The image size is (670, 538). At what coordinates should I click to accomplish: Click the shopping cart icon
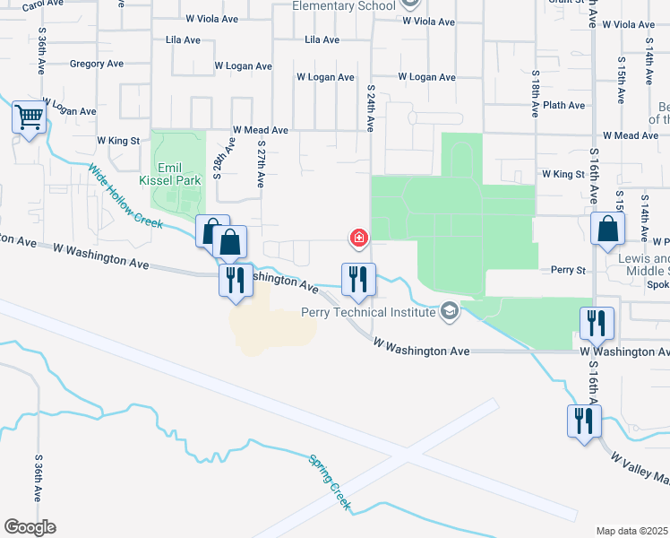click(x=29, y=117)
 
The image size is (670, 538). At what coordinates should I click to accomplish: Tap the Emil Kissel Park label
click(x=169, y=174)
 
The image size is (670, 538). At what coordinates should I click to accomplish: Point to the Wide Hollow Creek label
click(x=125, y=195)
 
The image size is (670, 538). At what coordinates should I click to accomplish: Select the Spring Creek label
click(x=330, y=482)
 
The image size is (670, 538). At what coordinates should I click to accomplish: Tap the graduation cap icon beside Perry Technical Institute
click(x=450, y=311)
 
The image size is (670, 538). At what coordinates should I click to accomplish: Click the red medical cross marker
click(x=358, y=238)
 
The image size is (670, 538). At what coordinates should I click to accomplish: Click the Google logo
click(x=30, y=527)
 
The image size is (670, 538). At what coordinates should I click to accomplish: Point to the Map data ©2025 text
click(x=632, y=531)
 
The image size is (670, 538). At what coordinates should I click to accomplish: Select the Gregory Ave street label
click(x=96, y=64)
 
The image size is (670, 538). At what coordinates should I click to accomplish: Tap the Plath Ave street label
click(x=563, y=105)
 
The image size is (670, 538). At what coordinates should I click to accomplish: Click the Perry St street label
click(x=567, y=269)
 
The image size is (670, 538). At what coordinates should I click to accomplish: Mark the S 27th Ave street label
click(x=261, y=163)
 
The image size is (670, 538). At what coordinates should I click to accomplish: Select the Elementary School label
click(x=345, y=6)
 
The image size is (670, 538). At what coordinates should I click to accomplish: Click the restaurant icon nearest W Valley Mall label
click(x=584, y=421)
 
